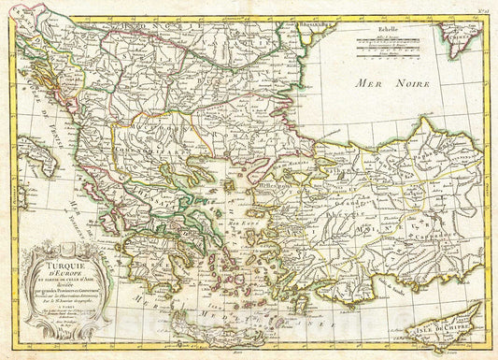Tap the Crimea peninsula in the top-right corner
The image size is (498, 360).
coord(461,37)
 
